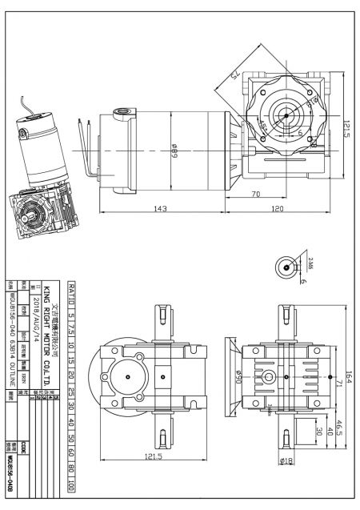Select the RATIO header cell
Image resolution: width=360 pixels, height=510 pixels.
73,296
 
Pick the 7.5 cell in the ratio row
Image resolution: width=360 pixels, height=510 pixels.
73,331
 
